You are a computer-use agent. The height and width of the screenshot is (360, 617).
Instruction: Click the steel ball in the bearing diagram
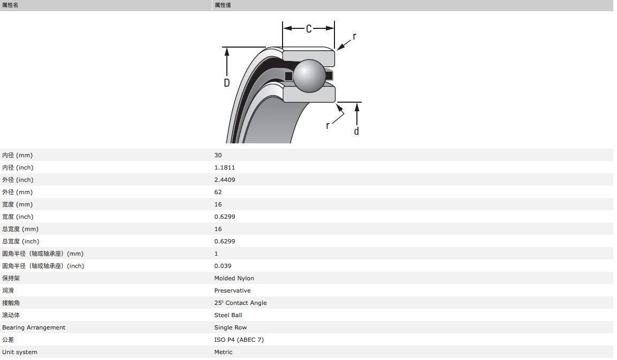(309, 75)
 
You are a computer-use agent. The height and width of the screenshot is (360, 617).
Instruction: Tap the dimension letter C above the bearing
(309, 29)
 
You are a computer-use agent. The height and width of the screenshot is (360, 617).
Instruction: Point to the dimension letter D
(227, 82)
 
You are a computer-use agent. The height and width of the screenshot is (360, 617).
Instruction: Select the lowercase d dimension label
(356, 131)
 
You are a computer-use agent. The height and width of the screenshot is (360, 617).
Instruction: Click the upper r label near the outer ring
(355, 36)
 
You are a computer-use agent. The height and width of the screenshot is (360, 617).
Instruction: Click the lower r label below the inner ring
(327, 126)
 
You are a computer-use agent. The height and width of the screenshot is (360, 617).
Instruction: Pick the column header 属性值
(223, 5)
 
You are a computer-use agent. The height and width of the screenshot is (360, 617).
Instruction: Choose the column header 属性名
(10, 5)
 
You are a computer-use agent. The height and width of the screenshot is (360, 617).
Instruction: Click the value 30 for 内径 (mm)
(218, 155)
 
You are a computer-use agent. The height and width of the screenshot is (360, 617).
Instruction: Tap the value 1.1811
(225, 167)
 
